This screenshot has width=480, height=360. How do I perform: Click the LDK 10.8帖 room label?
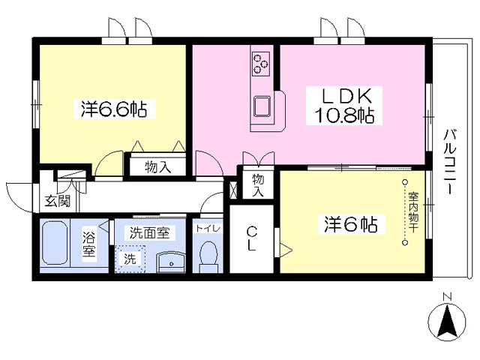click(x=344, y=106)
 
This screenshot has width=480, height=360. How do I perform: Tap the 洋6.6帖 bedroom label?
click(x=114, y=109)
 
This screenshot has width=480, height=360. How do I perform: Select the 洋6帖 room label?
click(x=351, y=224)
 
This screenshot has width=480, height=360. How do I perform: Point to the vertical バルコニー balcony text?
click(x=450, y=161)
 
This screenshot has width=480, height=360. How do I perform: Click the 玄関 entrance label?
click(x=58, y=201)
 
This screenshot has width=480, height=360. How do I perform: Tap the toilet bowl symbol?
click(x=208, y=256)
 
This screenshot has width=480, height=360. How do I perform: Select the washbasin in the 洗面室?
click(x=171, y=262)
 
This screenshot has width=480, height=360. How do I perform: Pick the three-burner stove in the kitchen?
click(x=260, y=64)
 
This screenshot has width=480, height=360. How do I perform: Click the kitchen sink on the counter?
click(x=262, y=106)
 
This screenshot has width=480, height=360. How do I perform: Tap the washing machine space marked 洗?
click(x=130, y=259)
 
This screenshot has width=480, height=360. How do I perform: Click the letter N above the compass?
click(x=448, y=297)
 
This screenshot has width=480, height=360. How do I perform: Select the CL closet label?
click(x=251, y=238)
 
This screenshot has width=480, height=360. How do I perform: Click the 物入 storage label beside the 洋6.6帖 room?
click(x=158, y=167)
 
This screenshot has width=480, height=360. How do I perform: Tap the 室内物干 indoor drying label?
click(x=413, y=211)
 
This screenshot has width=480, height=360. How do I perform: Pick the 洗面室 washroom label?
click(x=149, y=233)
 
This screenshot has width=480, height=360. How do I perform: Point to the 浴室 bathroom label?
click(x=89, y=244)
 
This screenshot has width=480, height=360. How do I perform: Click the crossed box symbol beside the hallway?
click(x=233, y=190)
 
